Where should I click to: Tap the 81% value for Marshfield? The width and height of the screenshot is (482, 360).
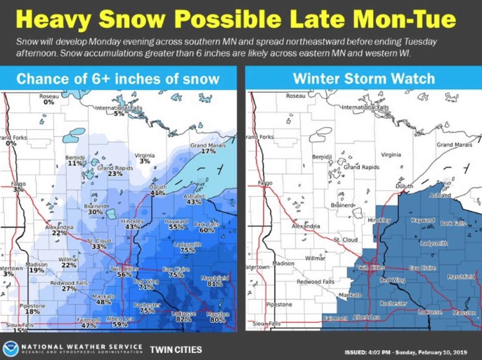(215, 284)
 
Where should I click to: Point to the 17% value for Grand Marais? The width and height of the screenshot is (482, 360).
(208, 151)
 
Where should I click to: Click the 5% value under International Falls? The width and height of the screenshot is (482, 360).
(119, 114)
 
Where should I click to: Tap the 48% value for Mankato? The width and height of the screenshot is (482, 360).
(104, 302)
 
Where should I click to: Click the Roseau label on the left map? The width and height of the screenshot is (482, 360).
(49, 96)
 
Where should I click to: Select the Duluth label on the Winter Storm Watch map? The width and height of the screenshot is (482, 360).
(404, 186)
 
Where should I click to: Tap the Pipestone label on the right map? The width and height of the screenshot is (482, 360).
(279, 305)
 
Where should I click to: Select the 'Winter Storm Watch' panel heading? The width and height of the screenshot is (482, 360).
(364, 78)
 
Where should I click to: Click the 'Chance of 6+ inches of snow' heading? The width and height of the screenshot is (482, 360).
(118, 78)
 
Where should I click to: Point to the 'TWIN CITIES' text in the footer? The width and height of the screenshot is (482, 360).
(176, 350)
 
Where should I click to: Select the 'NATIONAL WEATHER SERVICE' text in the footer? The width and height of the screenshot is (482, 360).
(82, 346)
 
